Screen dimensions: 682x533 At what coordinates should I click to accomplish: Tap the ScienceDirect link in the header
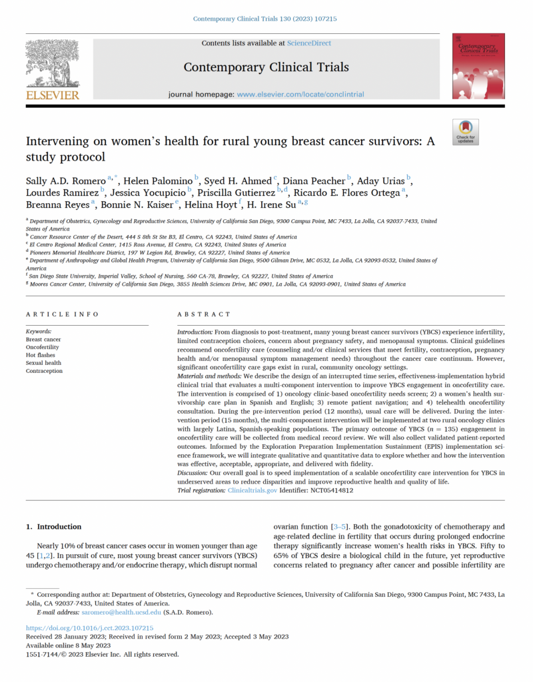[308, 43]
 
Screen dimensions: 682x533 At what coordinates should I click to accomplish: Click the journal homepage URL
[300, 95]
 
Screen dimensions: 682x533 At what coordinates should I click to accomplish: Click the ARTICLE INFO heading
[62, 314]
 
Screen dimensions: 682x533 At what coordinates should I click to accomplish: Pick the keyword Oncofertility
[45, 347]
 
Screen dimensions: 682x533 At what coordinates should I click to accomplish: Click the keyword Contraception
[44, 371]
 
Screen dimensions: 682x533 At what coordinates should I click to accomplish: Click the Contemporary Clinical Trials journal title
[266, 67]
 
